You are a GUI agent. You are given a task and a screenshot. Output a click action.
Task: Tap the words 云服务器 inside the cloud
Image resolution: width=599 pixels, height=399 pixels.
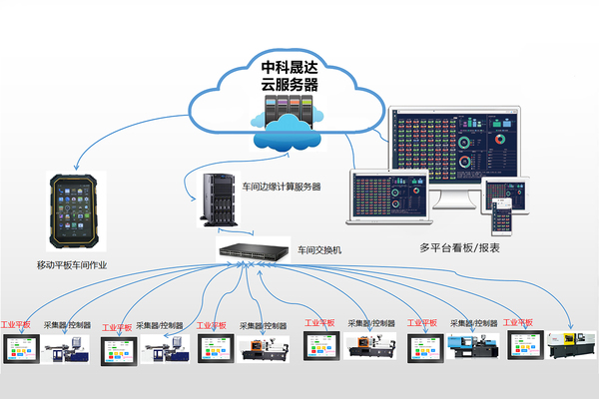coord(290,87)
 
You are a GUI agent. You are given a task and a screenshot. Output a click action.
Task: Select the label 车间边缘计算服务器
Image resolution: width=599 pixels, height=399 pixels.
coord(282,187)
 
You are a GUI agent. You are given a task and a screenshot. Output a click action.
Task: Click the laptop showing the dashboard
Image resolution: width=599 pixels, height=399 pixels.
coord(389,195)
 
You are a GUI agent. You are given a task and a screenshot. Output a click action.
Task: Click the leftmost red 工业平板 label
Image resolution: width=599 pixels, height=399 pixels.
coord(16,325)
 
